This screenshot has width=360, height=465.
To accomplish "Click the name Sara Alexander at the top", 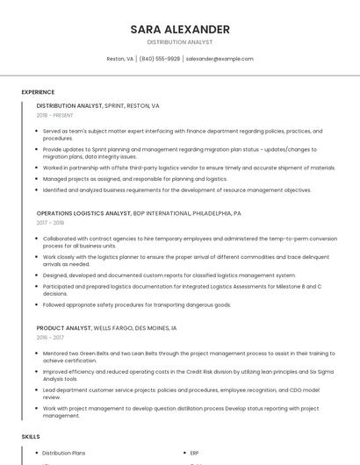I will [180, 29].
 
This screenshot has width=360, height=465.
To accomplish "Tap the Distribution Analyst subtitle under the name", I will [180, 42].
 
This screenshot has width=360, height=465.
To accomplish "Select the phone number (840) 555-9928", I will [159, 59].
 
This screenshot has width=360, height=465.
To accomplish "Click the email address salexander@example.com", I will [220, 59].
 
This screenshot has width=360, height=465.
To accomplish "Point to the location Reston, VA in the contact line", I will [119, 59].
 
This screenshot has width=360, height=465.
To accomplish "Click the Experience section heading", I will [38, 91].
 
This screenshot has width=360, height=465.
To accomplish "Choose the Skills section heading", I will [31, 436].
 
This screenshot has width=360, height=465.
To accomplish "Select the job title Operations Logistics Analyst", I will [83, 213].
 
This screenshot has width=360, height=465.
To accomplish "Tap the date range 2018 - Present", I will [54, 115].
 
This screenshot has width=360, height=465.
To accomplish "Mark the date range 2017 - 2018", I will [50, 223].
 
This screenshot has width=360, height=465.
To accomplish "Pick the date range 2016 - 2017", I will [50, 337].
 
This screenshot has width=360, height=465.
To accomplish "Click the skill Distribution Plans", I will [64, 453].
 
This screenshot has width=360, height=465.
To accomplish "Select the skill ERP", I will [194, 453].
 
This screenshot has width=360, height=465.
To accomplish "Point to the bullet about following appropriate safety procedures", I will [137, 304].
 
